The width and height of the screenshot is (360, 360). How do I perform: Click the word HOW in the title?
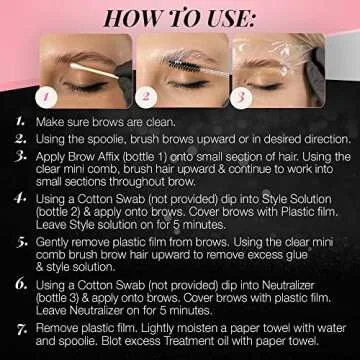click(116, 17)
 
